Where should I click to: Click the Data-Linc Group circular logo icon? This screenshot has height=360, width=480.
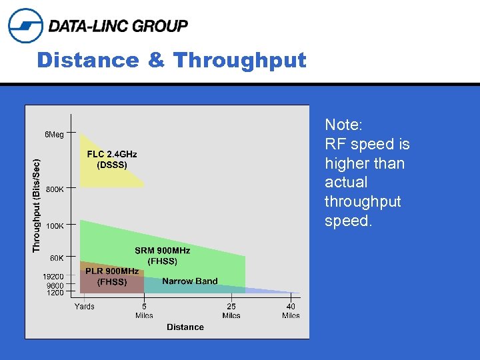25,25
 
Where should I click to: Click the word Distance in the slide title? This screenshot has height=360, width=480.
88,61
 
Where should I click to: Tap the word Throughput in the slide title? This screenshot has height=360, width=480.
239,61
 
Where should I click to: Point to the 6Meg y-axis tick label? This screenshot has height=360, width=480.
54,135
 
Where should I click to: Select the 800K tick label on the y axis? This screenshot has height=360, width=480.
55,189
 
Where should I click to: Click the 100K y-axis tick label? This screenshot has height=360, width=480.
55,226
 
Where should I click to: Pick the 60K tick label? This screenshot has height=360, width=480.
57,258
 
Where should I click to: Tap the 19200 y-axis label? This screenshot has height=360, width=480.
53,277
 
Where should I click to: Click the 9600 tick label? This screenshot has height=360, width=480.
55,285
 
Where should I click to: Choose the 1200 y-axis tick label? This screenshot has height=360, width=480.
55,293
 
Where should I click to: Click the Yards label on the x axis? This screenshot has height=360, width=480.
84,307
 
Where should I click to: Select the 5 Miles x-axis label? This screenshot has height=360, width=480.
144,311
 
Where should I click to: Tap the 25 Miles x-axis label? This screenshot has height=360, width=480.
231,311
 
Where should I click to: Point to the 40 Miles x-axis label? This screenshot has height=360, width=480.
291,311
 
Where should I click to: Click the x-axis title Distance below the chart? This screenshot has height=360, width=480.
185,327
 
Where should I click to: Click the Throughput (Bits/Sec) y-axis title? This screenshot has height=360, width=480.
37,205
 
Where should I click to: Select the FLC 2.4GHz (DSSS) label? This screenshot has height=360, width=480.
112,159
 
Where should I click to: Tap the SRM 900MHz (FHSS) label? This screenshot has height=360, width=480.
162,255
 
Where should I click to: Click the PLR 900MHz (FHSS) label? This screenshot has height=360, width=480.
112,277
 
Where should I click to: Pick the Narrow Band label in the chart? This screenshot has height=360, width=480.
190,281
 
